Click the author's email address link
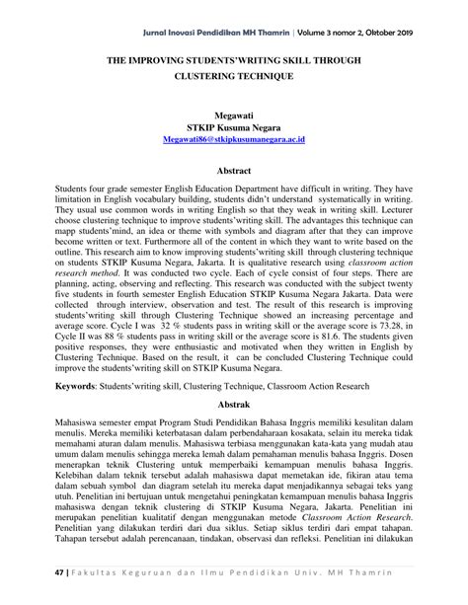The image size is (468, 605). coord(233,141)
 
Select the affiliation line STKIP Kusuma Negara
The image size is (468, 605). coord(233,128)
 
